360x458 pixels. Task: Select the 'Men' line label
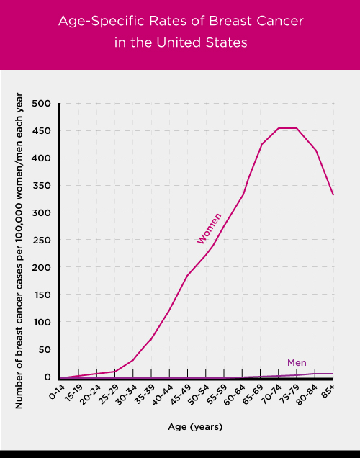[297, 362]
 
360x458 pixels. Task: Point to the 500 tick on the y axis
[42, 104]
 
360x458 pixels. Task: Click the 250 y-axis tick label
[42, 240]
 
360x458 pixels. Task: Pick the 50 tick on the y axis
[45, 349]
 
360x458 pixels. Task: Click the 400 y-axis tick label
[42, 158]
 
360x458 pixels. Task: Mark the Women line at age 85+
[333, 194]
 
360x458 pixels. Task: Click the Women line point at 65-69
[261, 144]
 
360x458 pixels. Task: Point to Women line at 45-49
[188, 275]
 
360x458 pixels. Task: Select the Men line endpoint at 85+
[333, 374]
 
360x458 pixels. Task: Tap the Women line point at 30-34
[133, 359]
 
